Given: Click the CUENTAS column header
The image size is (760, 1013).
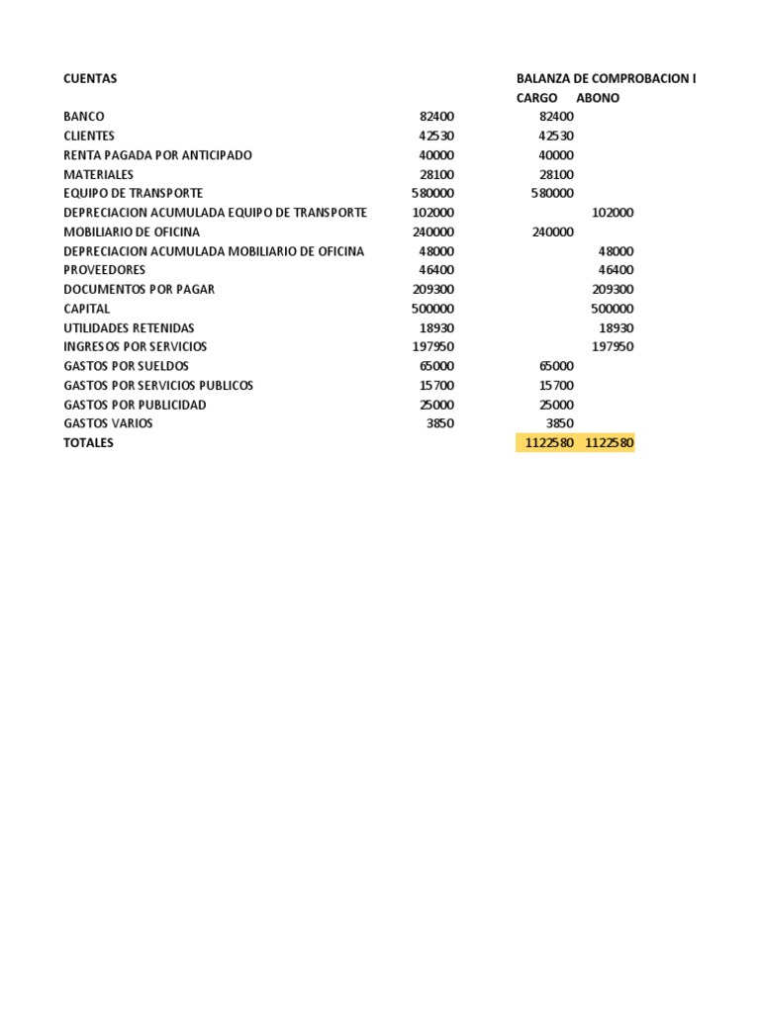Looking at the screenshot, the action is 90,78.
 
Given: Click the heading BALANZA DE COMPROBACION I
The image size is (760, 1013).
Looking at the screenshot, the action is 606,78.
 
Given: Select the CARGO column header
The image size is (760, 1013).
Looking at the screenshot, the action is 536,98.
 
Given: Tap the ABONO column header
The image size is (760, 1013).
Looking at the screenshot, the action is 598,98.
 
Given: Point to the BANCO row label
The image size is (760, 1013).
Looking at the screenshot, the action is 84,117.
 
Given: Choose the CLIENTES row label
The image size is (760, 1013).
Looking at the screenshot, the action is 89,137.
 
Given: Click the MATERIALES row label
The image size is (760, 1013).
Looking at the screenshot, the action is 98,175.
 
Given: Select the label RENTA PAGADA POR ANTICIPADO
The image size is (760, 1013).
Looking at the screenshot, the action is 157,155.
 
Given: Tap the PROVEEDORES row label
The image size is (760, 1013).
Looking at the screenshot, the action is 104,270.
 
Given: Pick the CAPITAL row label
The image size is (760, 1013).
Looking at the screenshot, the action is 87,309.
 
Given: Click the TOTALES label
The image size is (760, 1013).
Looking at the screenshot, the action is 88,443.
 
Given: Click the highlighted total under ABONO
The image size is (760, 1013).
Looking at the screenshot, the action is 609,443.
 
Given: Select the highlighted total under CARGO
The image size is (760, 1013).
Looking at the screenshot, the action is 549,443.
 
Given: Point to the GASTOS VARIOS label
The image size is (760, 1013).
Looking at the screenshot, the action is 108,423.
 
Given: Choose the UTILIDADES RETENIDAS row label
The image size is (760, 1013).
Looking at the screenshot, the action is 129,327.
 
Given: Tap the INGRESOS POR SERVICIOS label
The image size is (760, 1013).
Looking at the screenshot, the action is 136,347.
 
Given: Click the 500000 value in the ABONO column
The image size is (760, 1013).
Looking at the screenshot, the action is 613,309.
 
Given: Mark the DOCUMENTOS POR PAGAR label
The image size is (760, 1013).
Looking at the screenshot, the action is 139,290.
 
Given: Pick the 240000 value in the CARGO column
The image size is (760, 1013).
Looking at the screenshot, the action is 552,232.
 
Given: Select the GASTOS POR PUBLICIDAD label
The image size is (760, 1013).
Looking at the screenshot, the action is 135,405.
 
